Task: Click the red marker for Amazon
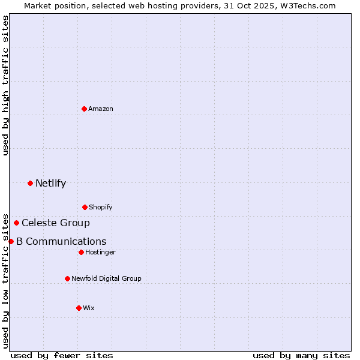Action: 85,109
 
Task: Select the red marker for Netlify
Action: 30,183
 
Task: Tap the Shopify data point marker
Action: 85,207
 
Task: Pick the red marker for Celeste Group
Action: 16,223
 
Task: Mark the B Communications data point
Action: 11,241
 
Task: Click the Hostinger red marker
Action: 81,252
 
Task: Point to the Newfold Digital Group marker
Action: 67,278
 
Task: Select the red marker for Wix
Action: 79,308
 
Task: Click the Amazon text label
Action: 101,109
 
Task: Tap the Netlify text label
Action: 50,184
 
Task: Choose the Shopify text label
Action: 101,208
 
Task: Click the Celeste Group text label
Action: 56,223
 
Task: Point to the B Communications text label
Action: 61,242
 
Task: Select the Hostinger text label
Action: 100,253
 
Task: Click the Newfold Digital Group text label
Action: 106,278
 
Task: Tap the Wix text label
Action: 89,308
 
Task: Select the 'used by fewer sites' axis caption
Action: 62,355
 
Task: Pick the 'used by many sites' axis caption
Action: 301,355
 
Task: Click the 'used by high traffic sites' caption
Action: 5,85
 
